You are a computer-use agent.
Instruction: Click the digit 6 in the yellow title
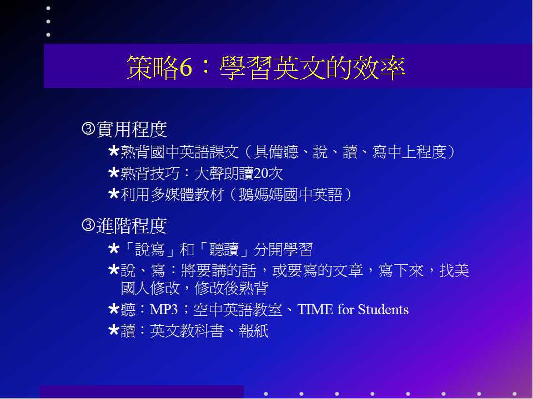click(185, 67)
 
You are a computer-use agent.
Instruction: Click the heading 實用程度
click(132, 129)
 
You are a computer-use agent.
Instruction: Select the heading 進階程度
click(132, 226)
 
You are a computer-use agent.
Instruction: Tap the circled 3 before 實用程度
click(88, 129)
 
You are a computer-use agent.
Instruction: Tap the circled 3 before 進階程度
click(88, 226)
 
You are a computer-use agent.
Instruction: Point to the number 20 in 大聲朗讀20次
click(261, 173)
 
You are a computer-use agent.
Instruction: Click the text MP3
click(164, 309)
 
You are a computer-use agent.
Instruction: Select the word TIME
click(315, 309)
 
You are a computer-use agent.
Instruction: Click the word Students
click(383, 309)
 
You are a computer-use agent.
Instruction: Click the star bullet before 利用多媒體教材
click(113, 194)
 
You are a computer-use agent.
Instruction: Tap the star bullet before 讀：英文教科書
click(113, 330)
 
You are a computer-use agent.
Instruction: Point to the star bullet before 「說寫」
click(113, 249)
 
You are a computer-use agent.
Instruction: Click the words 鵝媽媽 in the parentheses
click(261, 195)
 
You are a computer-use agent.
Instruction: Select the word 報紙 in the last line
click(254, 331)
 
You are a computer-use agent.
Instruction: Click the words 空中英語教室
click(238, 309)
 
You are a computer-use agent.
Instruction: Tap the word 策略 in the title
click(153, 67)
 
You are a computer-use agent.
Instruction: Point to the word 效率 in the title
click(379, 67)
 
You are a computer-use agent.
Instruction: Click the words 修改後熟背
click(231, 288)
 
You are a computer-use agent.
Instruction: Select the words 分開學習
click(283, 249)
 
